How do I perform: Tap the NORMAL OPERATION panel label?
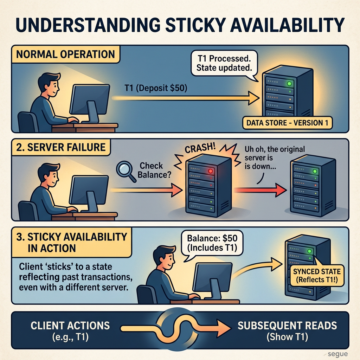pos(65,54)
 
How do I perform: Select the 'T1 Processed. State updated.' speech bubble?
pos(224,64)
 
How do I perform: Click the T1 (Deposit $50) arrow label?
pos(156,88)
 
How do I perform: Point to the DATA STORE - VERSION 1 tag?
pos(287,123)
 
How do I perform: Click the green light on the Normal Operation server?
pos(289,84)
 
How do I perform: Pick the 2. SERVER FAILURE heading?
pos(61,147)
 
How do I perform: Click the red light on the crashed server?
pos(210,171)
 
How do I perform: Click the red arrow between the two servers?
pos(261,190)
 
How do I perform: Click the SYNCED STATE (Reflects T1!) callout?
pos(317,276)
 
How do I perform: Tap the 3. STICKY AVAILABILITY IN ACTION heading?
pos(71,243)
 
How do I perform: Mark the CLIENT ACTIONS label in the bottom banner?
pos(70,326)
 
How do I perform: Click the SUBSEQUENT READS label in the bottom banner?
pos(287,326)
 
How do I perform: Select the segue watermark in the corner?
pos(337,354)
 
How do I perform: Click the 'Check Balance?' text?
pos(154,170)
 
